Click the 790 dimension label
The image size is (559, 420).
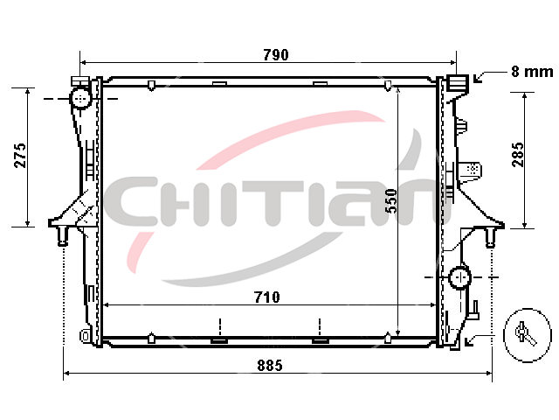(x=276, y=55)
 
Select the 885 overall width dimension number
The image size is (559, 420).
(x=270, y=366)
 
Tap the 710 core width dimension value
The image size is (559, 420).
(x=267, y=297)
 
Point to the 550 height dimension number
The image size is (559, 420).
(x=391, y=201)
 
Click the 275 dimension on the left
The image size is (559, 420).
(x=20, y=156)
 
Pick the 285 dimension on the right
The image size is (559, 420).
(x=518, y=155)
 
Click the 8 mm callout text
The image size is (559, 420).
(x=532, y=72)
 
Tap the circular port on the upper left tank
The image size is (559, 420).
(x=81, y=97)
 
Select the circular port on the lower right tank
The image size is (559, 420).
(x=460, y=277)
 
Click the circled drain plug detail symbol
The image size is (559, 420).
(x=527, y=335)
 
